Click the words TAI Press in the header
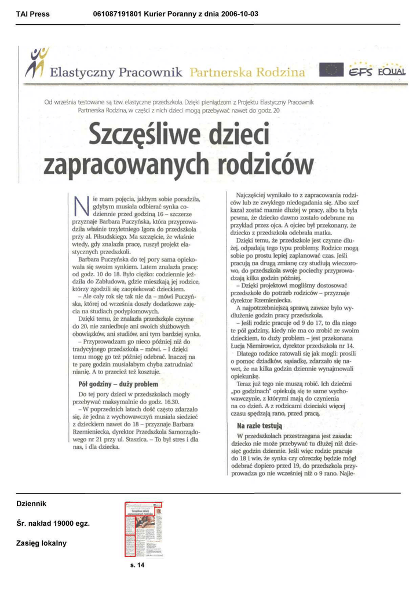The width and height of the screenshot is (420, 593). [x=33, y=14]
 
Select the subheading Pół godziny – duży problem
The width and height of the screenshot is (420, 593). [x=118, y=384]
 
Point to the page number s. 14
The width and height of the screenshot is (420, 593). [x=137, y=565]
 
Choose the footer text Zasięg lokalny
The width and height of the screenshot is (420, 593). [x=41, y=543]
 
